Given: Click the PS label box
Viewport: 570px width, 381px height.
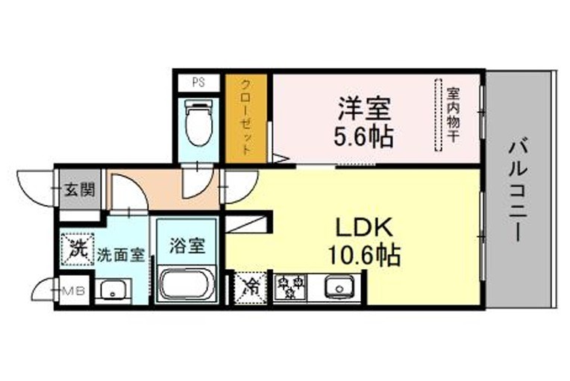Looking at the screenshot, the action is pyautogui.click(x=198, y=83).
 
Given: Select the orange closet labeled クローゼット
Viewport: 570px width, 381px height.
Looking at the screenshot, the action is pyautogui.click(x=246, y=119).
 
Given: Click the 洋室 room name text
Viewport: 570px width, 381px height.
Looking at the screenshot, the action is pyautogui.click(x=364, y=108).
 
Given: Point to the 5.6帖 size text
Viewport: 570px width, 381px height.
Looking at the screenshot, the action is pyautogui.click(x=363, y=136).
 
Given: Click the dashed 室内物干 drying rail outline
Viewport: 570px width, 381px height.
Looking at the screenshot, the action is pyautogui.click(x=439, y=114).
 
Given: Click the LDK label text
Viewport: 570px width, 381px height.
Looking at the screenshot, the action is pyautogui.click(x=364, y=227).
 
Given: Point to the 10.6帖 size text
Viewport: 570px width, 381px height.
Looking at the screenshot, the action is pyautogui.click(x=364, y=255).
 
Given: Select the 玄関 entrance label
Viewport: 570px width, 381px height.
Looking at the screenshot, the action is pyautogui.click(x=80, y=189).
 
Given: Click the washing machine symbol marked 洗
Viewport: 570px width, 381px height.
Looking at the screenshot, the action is pyautogui.click(x=78, y=249).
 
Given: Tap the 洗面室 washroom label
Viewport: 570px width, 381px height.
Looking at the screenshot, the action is pyautogui.click(x=120, y=255).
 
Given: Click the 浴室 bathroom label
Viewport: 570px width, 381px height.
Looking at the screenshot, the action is pyautogui.click(x=187, y=246).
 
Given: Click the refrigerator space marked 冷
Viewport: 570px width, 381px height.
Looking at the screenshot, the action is pyautogui.click(x=250, y=289).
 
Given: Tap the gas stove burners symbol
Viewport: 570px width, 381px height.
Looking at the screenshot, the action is pyautogui.click(x=289, y=287).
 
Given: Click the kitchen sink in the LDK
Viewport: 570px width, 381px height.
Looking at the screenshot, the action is pyautogui.click(x=339, y=286).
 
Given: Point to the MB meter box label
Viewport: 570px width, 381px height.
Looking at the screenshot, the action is pyautogui.click(x=74, y=291).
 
